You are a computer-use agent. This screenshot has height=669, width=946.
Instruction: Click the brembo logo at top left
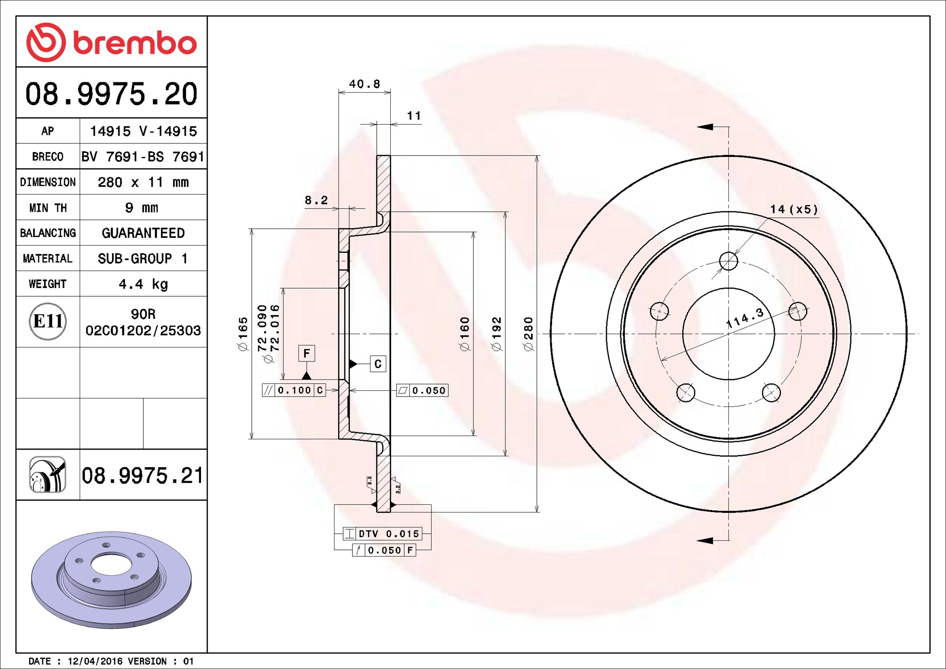pos(112,42)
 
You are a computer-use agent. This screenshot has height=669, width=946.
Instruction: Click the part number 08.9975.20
pos(112,94)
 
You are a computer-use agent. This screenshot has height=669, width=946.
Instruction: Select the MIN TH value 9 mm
pos(142,208)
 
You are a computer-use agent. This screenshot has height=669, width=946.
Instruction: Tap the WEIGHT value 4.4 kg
pos(143,284)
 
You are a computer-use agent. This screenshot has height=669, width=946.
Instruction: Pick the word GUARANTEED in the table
pos(143,233)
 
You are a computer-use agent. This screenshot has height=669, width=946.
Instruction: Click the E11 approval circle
pos(48,321)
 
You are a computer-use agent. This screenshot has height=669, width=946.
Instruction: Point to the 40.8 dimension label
pos(365,84)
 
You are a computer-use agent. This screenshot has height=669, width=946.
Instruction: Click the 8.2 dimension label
pos(316,200)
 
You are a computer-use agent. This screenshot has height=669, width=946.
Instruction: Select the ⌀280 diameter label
pos(529,334)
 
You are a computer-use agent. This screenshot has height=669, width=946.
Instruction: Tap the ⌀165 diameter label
pos(243,334)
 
